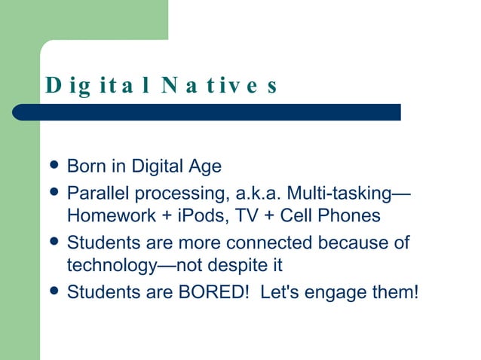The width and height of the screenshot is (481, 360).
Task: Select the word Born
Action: click(x=84, y=166)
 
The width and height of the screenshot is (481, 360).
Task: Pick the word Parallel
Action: click(x=94, y=193)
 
